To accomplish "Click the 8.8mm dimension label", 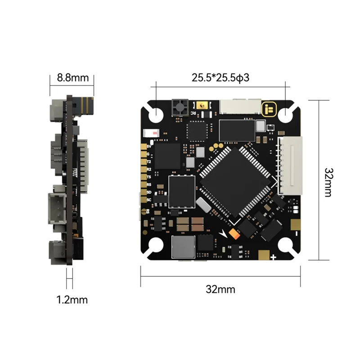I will tap(72, 77).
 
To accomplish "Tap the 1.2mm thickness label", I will tap(72, 299).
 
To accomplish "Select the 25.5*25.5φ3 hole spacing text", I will tap(220, 77).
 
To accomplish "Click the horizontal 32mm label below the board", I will tap(220, 289).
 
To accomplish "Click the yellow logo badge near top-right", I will tap(270, 108).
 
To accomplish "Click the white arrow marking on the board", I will tap(226, 234).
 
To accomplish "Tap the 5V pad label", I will tap(149, 146).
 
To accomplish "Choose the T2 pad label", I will tap(149, 161).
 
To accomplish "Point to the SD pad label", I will tap(149, 192).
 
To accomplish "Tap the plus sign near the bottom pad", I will tap(274, 257).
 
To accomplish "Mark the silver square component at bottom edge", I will tap(184, 247).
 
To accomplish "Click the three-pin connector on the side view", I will tap(57, 208).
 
